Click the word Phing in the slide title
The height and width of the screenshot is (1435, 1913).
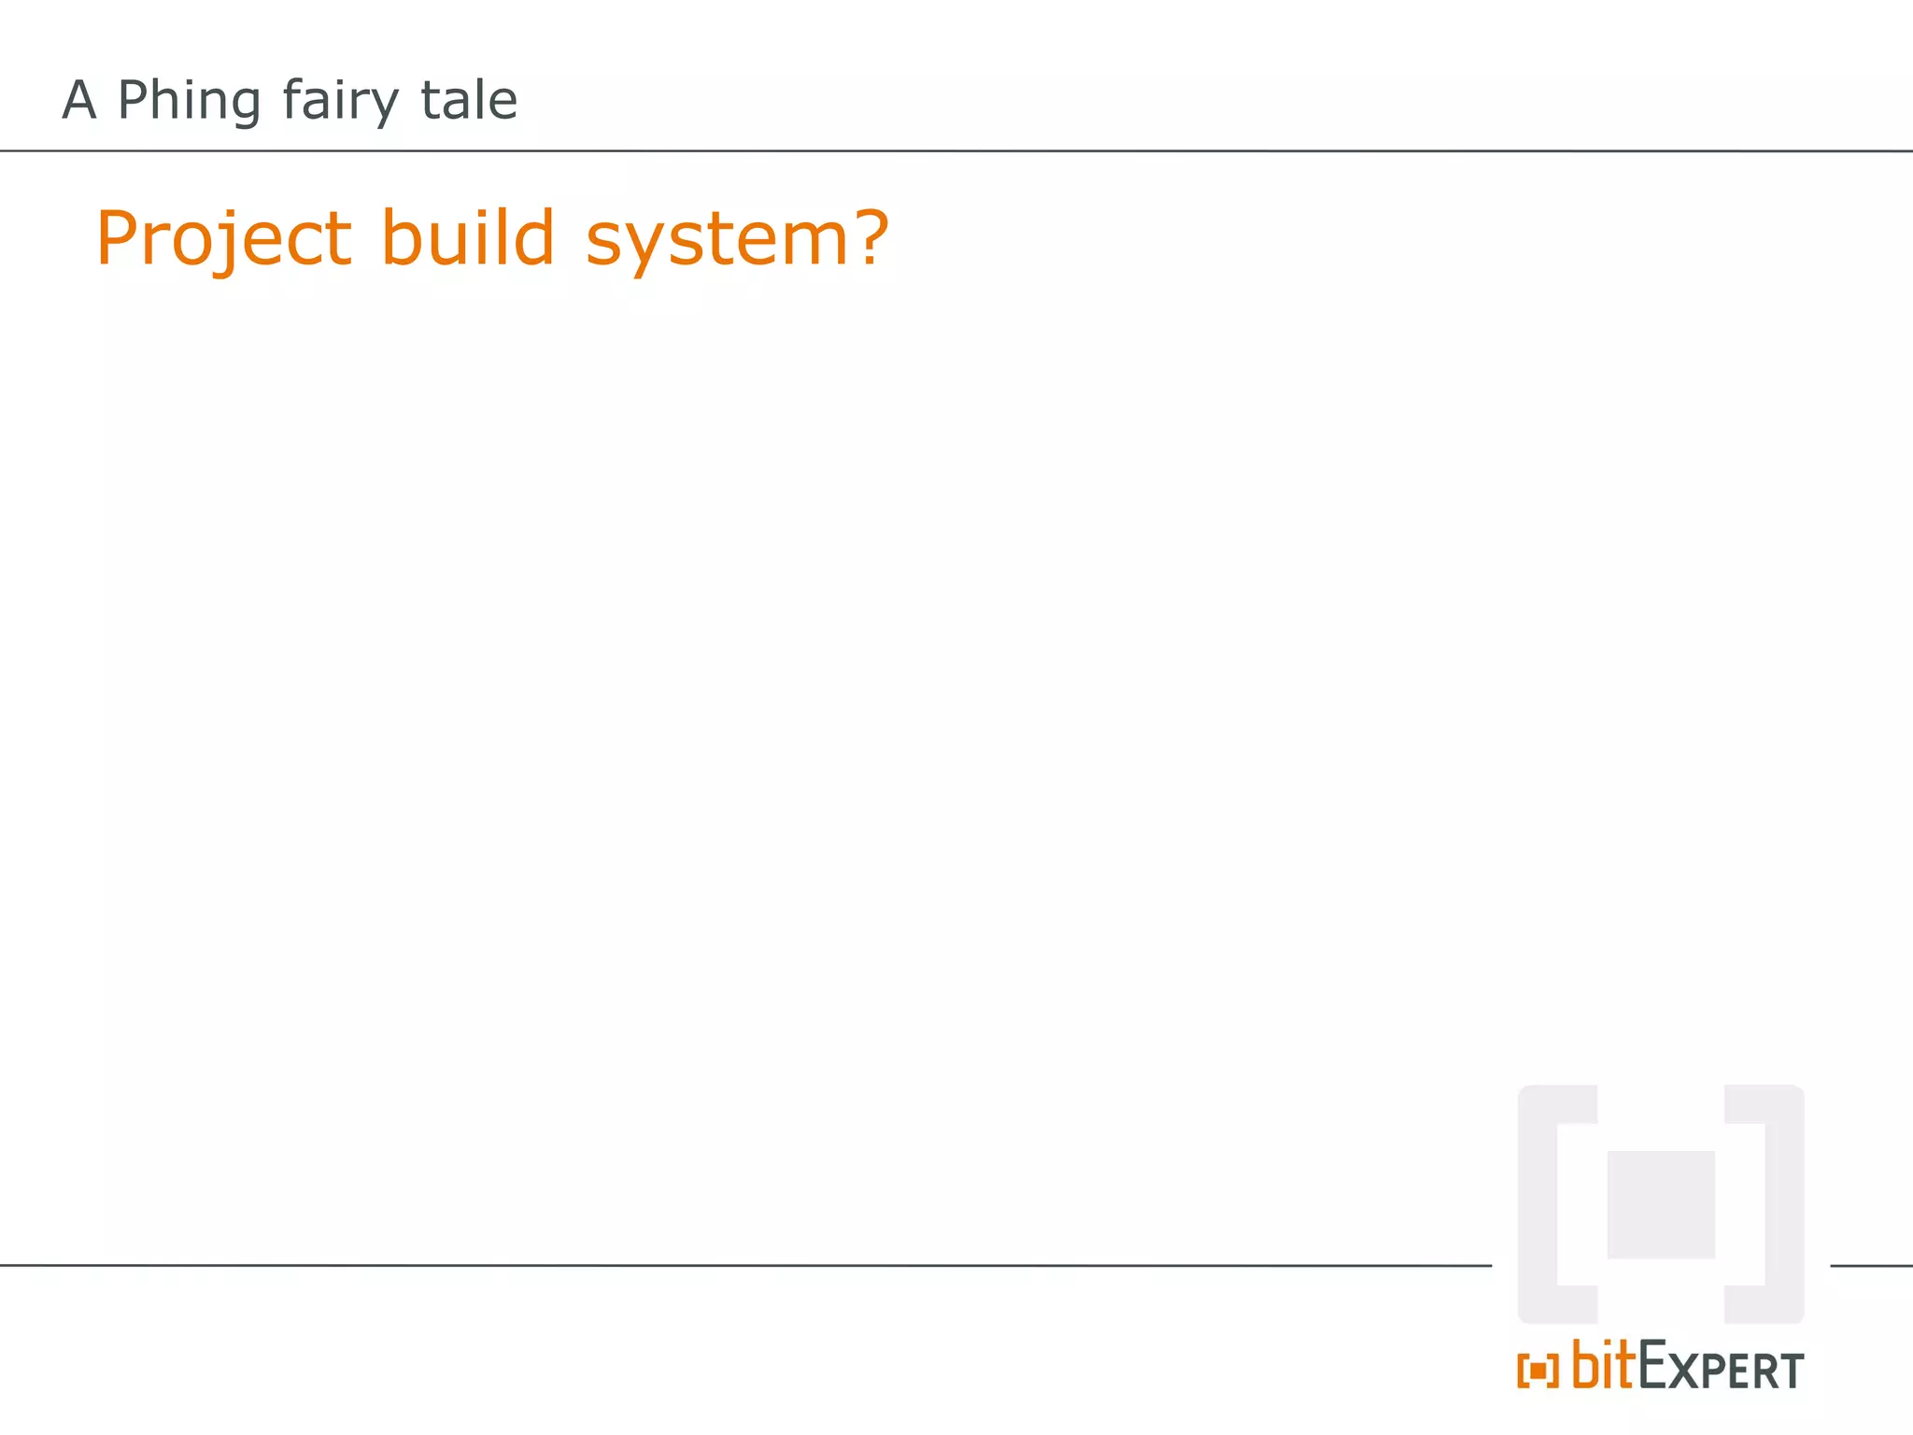189,101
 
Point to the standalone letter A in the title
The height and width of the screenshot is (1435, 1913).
79,100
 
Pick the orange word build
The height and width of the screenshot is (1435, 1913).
468,237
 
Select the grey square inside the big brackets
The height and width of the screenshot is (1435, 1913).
1661,1204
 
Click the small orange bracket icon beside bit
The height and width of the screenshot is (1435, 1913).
1537,1371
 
